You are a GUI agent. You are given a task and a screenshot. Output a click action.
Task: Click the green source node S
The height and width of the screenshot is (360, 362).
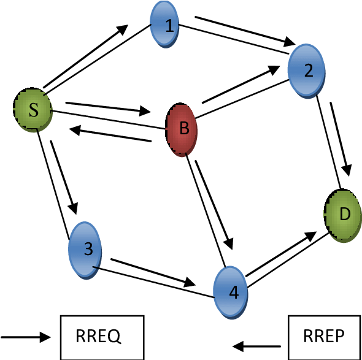[x=33, y=110]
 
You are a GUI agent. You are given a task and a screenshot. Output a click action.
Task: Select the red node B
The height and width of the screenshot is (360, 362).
[x=182, y=129]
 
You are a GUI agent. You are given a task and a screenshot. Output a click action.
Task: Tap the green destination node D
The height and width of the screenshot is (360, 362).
[x=342, y=215]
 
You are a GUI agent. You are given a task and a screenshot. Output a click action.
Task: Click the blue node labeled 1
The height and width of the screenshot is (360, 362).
[x=164, y=25]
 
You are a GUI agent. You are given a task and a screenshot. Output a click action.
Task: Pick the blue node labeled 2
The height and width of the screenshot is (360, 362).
[x=306, y=71]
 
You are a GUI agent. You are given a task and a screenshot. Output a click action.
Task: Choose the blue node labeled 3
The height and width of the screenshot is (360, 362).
[x=85, y=250]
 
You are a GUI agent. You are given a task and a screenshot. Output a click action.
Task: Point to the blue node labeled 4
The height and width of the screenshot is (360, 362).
[x=231, y=293]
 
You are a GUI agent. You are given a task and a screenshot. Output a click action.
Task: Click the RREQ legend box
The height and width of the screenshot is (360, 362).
[x=102, y=337]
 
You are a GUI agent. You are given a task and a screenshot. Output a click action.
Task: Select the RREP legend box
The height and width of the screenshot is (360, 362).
[x=325, y=337]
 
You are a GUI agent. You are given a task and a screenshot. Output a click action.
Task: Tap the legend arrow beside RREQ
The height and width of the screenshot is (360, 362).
[x=25, y=337]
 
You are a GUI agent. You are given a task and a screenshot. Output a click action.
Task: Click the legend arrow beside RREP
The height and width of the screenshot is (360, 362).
[x=256, y=346]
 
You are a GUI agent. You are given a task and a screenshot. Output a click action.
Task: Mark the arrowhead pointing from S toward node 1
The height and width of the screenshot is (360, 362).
[x=122, y=29]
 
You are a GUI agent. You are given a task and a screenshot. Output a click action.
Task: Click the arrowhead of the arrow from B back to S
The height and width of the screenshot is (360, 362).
[x=75, y=130]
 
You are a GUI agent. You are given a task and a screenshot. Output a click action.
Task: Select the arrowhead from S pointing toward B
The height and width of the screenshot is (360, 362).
[x=145, y=111]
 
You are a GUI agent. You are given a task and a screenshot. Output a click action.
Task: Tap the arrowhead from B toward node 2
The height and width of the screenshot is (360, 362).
[x=274, y=70]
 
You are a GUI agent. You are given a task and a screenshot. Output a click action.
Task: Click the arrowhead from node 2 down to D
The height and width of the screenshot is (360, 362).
[x=346, y=170]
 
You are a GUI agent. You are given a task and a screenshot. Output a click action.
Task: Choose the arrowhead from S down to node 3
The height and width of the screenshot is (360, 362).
[x=74, y=208]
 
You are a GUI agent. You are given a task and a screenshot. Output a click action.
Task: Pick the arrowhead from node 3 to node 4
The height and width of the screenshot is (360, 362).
[x=190, y=283]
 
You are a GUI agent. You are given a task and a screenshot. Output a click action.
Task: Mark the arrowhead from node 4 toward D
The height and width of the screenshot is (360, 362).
[x=310, y=236]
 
